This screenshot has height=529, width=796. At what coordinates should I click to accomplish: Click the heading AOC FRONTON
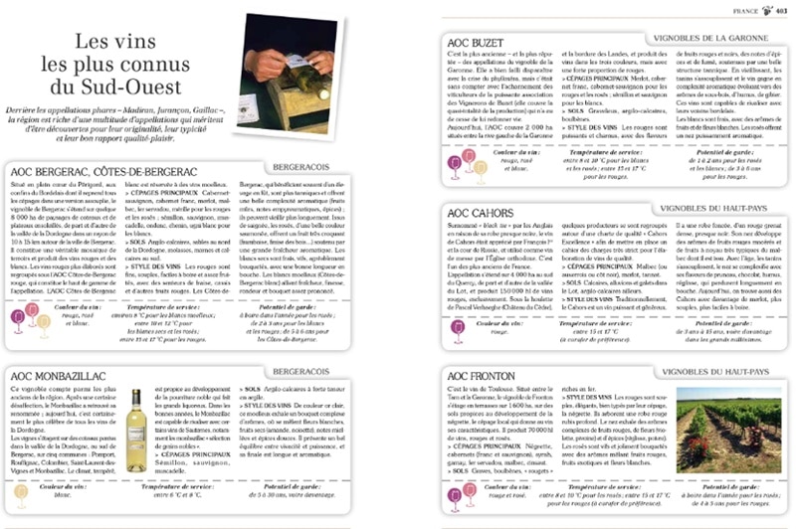487,374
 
